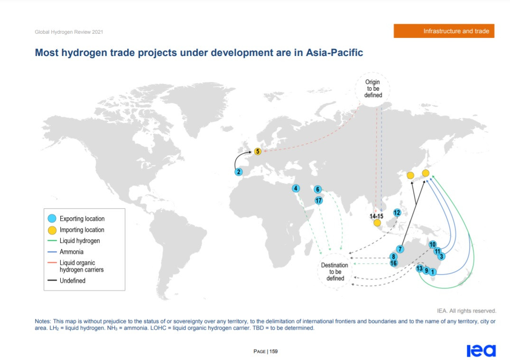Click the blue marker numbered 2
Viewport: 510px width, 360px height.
pos(239,172)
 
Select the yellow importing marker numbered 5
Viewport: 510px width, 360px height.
pos(258,151)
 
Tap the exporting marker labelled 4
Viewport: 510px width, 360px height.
pos(296,188)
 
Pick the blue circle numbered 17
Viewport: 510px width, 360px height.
pos(318,200)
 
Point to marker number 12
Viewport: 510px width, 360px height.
pos(397,212)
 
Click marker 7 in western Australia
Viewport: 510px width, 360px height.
pos(400,249)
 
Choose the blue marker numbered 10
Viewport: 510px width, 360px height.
pos(432,244)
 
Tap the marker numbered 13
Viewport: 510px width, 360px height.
pos(419,268)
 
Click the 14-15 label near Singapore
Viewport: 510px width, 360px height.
pos(376,216)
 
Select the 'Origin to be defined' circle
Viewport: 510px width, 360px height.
pos(373,88)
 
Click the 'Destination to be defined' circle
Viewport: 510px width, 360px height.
pos(335,272)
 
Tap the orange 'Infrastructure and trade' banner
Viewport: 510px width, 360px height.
pos(444,31)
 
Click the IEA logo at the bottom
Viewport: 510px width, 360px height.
pos(481,350)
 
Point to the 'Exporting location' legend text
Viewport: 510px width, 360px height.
pos(82,219)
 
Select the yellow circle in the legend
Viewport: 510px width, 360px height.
pos(52,230)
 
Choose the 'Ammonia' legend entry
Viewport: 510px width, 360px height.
pos(71,252)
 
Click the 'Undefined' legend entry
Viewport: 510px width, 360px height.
pos(72,280)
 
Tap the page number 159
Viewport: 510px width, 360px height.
pos(274,351)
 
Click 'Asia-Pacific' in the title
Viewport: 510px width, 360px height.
pos(334,52)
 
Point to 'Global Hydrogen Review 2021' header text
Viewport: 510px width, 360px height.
pos(69,32)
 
